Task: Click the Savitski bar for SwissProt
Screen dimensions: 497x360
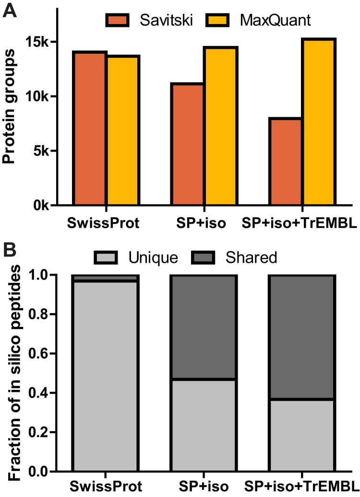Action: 89,128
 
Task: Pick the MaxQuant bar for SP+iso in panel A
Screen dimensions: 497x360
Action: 220,126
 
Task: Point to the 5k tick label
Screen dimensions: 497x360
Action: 40,151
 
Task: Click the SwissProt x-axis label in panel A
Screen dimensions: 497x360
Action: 100,223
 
